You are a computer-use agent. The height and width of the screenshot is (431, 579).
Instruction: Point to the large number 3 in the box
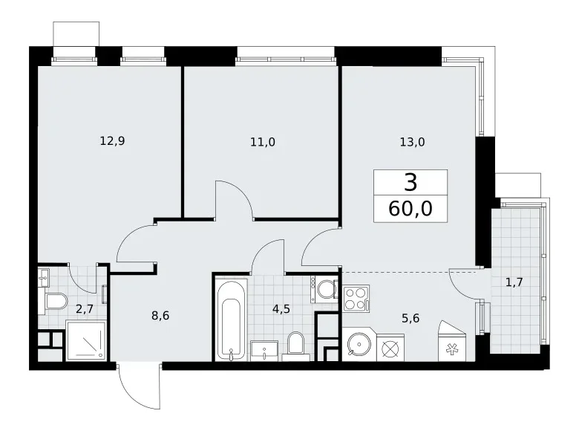coord(410,182)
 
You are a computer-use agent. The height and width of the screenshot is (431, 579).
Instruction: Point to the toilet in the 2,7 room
coord(55,303)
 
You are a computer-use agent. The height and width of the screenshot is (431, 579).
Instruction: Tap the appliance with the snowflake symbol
coord(453,344)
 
